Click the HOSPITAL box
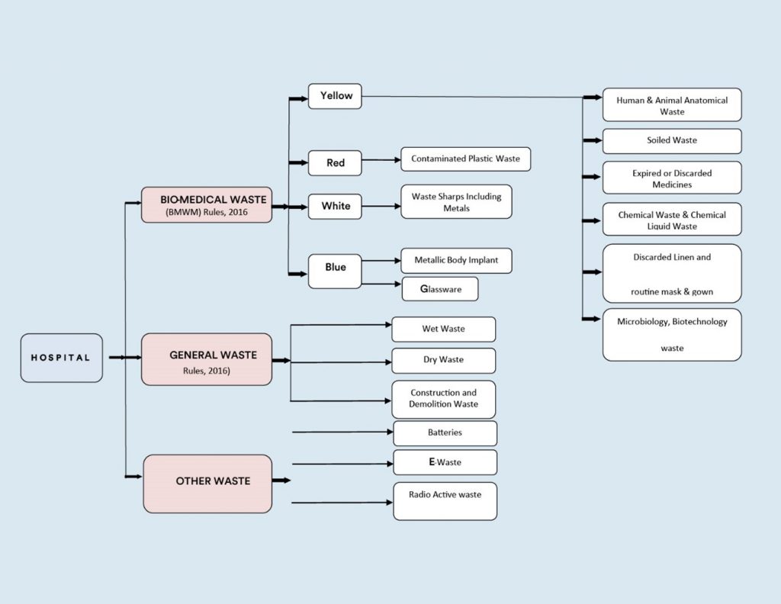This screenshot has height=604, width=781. (61, 358)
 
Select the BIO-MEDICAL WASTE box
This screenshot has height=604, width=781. (207, 205)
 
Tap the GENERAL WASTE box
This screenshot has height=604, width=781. (207, 359)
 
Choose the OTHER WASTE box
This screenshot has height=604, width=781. (207, 484)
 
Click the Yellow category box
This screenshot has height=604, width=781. (335, 96)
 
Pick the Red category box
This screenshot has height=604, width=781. (335, 163)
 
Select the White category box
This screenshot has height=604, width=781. (335, 206)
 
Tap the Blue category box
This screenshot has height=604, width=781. (335, 271)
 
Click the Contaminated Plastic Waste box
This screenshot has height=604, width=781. (465, 159)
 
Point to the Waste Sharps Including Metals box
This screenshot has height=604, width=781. (456, 202)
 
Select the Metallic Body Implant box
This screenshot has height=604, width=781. (456, 260)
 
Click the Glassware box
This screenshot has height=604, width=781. (440, 289)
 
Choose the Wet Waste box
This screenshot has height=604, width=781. (443, 329)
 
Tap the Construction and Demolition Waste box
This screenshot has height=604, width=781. (443, 399)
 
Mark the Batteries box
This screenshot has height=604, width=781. (445, 433)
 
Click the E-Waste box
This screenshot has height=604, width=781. (445, 462)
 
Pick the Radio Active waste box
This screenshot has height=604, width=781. (445, 501)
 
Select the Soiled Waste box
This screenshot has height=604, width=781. (671, 141)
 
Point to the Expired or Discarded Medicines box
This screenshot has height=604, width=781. (671, 178)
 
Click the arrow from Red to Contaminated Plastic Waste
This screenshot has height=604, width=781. (381, 160)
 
